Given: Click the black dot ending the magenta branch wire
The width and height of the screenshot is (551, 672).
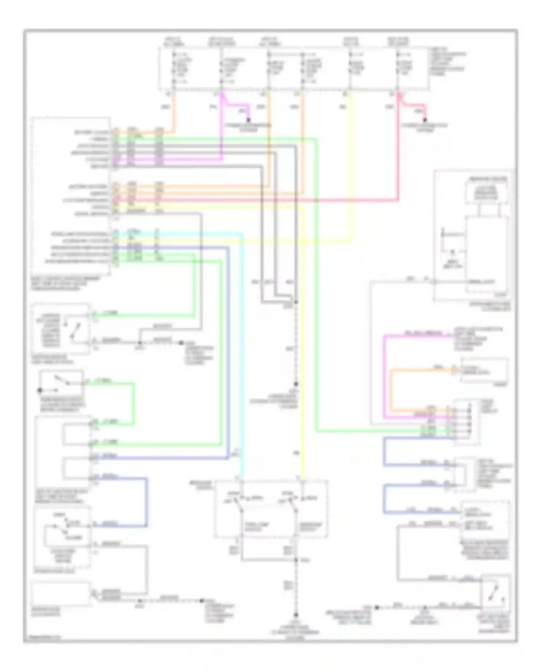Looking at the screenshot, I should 249,119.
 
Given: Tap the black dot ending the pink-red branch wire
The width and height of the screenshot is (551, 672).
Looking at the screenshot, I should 425,120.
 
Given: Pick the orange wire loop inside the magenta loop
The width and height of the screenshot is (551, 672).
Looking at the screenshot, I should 392,390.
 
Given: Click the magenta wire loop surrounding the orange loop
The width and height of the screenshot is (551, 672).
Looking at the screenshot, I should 384,375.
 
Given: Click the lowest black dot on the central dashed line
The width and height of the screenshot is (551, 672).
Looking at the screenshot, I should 296,615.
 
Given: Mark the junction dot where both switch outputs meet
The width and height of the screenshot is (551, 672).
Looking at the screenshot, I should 296,560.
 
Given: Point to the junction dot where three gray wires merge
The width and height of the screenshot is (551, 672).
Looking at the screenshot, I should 296,302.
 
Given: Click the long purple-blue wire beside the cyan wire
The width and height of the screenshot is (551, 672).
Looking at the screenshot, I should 228,349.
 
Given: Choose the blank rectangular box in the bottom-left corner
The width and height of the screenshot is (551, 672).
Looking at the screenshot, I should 61,593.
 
